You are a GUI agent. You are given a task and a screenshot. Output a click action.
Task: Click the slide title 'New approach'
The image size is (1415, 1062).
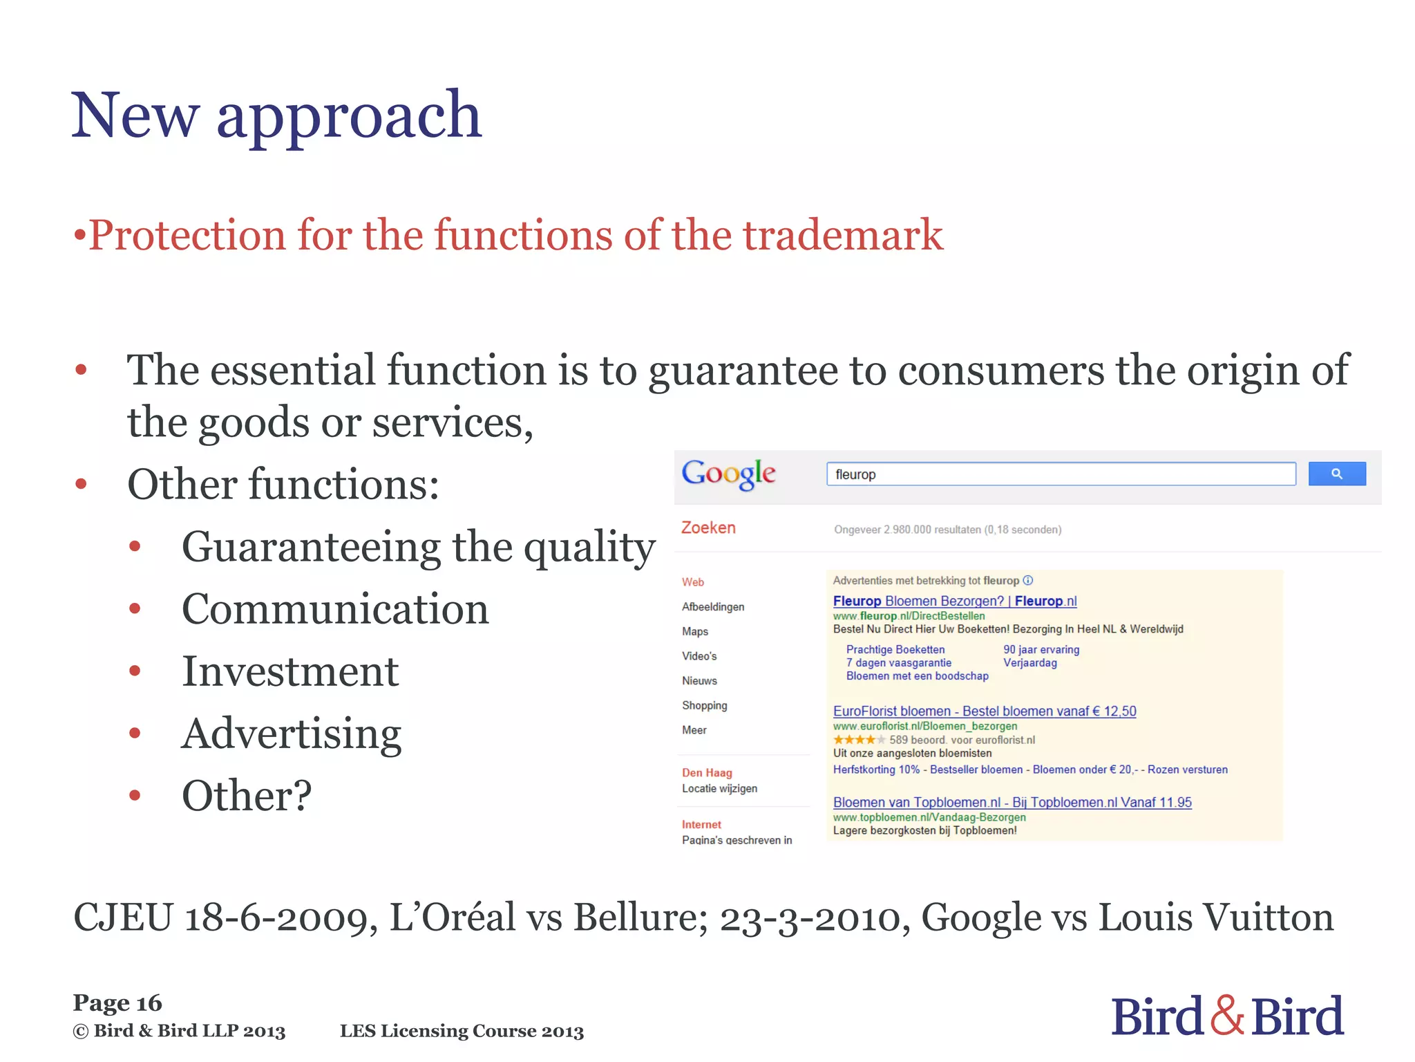click(x=276, y=115)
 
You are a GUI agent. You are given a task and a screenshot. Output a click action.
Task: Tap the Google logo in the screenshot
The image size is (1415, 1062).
click(x=728, y=474)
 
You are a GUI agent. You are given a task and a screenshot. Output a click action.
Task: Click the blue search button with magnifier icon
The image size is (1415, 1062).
click(x=1336, y=474)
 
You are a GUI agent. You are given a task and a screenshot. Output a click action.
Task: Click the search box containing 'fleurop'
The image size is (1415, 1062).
click(x=1060, y=474)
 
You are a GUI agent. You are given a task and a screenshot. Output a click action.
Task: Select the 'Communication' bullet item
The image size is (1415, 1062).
click(x=335, y=609)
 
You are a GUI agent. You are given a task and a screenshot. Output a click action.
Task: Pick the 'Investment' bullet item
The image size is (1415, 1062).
click(x=290, y=671)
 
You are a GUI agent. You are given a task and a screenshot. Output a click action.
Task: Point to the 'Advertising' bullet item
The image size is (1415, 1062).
click(x=291, y=734)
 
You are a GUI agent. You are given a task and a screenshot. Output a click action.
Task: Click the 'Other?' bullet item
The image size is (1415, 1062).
click(x=247, y=796)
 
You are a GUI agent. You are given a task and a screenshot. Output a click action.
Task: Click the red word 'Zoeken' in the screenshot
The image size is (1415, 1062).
click(x=708, y=528)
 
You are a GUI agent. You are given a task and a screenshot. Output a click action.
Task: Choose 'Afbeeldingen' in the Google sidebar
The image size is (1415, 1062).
click(x=713, y=606)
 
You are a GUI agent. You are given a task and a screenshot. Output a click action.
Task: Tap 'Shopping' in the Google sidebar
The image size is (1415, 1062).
click(x=704, y=705)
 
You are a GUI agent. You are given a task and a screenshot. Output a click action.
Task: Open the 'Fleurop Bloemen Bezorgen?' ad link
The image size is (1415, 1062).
click(x=954, y=601)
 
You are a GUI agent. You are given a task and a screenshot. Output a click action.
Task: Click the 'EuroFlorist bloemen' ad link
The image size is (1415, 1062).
click(x=984, y=711)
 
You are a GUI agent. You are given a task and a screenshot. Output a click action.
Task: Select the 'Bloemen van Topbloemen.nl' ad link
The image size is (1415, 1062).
click(x=1012, y=802)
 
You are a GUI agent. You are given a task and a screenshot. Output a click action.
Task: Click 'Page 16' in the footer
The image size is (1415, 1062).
click(x=117, y=1003)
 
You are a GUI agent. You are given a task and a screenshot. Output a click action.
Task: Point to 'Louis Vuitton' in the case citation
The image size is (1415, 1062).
click(x=1216, y=917)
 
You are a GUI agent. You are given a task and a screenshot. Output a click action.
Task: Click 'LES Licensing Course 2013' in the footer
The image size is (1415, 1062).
click(x=462, y=1031)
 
